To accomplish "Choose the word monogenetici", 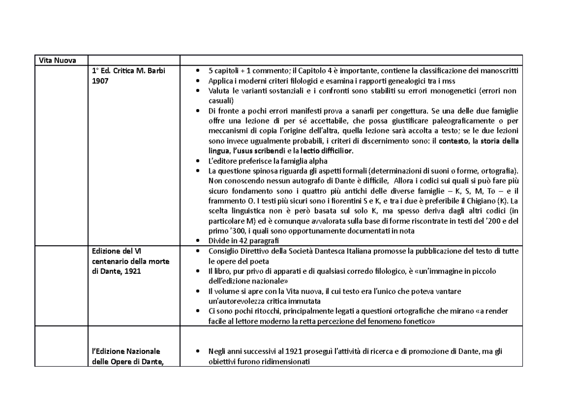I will pos(455,91).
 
